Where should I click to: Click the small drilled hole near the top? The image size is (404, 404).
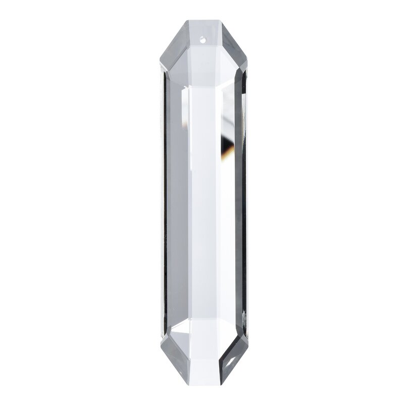[x=204, y=37]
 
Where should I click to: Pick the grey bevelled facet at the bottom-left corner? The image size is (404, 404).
[x=175, y=353]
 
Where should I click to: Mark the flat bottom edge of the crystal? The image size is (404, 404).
[x=204, y=382]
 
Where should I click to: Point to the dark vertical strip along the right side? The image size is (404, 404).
[x=244, y=202]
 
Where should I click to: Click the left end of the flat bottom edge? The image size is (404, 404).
[x=187, y=382]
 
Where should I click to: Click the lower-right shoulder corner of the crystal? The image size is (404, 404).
[x=247, y=335]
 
